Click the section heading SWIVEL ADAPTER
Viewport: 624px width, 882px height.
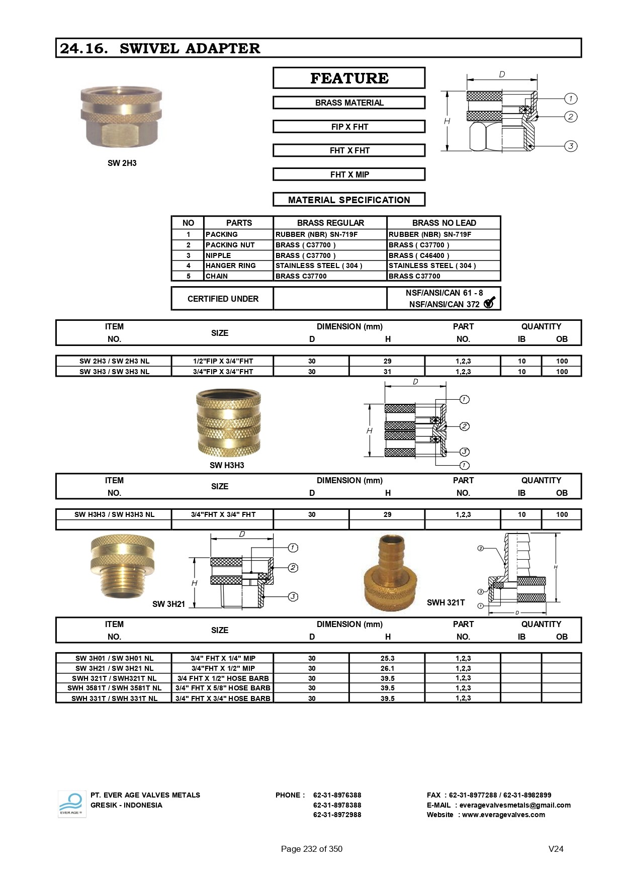[190, 48]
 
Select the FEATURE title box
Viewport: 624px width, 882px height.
[349, 78]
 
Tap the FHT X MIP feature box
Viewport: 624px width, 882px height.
[349, 174]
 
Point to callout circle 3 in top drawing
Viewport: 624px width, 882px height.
[571, 146]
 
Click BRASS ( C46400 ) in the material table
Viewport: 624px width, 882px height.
[419, 255]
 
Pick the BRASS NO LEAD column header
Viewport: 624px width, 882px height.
[444, 223]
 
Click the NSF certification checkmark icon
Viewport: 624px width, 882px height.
[489, 303]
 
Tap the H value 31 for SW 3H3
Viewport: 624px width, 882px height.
[387, 372]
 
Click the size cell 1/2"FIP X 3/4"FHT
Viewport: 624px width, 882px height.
[223, 361]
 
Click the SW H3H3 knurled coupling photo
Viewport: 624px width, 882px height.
[228, 422]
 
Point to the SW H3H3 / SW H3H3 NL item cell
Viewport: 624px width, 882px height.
[114, 514]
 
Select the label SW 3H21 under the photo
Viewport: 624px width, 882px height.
[168, 604]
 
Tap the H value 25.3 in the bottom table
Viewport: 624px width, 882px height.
[387, 658]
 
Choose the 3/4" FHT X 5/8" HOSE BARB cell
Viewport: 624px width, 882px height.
[223, 688]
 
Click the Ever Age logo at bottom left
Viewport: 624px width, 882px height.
[71, 804]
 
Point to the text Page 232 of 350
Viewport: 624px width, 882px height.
[311, 849]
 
